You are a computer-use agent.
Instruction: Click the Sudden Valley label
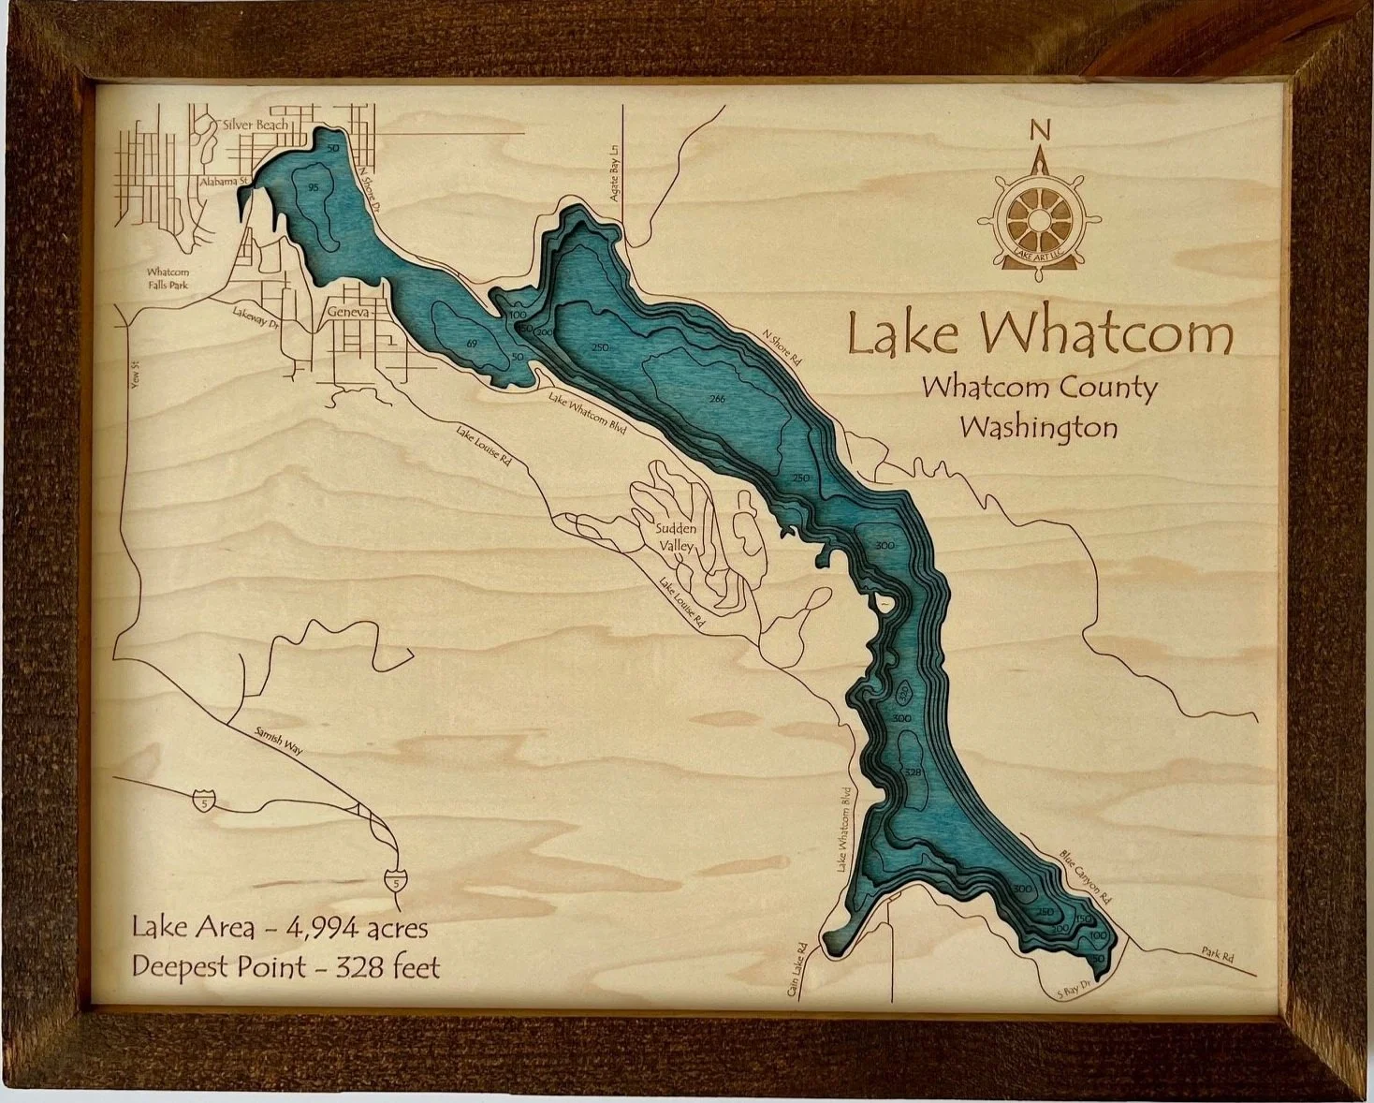coord(674,538)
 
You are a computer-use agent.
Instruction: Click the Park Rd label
coord(1217,957)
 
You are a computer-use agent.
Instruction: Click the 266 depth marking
coord(718,400)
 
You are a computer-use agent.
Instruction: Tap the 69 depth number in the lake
coord(472,345)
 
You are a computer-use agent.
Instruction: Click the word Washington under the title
coord(1039,428)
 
